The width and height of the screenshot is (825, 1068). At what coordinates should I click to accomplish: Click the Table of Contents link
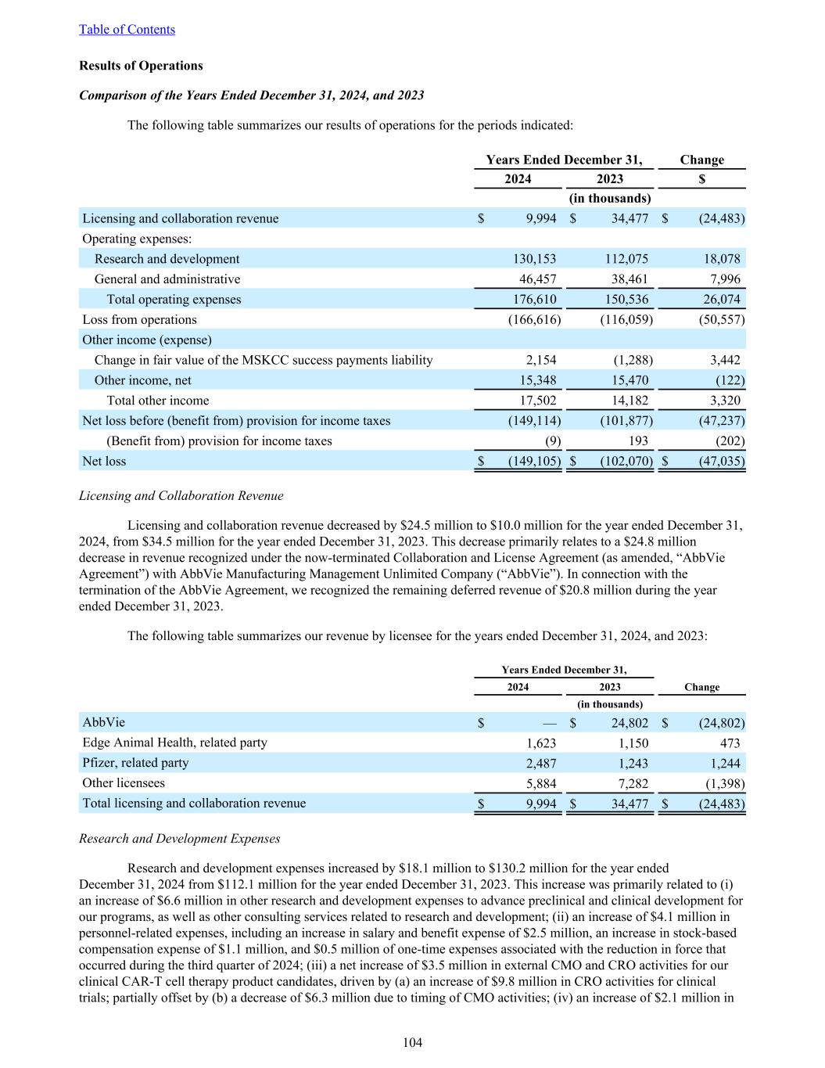coord(127,30)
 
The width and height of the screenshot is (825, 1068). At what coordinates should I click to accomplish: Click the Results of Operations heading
coord(141,66)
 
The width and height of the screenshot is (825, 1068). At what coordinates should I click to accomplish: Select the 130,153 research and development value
coord(532,259)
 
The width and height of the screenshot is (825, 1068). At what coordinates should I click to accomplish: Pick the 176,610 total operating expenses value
coord(532,300)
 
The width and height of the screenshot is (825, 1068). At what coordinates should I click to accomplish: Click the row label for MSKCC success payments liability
coord(264,360)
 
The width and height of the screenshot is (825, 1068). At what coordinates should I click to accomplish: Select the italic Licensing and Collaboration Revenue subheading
coord(181,496)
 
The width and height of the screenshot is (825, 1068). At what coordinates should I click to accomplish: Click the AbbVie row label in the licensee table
coord(103,722)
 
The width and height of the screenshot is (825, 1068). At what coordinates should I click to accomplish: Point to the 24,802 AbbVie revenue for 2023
coord(630,723)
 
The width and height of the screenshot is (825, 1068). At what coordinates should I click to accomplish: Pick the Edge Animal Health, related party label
coord(174,743)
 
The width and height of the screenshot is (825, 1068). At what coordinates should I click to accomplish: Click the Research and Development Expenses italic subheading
coord(180,839)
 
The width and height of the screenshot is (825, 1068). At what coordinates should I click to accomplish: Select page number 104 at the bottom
coord(412,1043)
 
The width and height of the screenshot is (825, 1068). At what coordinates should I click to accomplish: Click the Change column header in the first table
coord(701,160)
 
